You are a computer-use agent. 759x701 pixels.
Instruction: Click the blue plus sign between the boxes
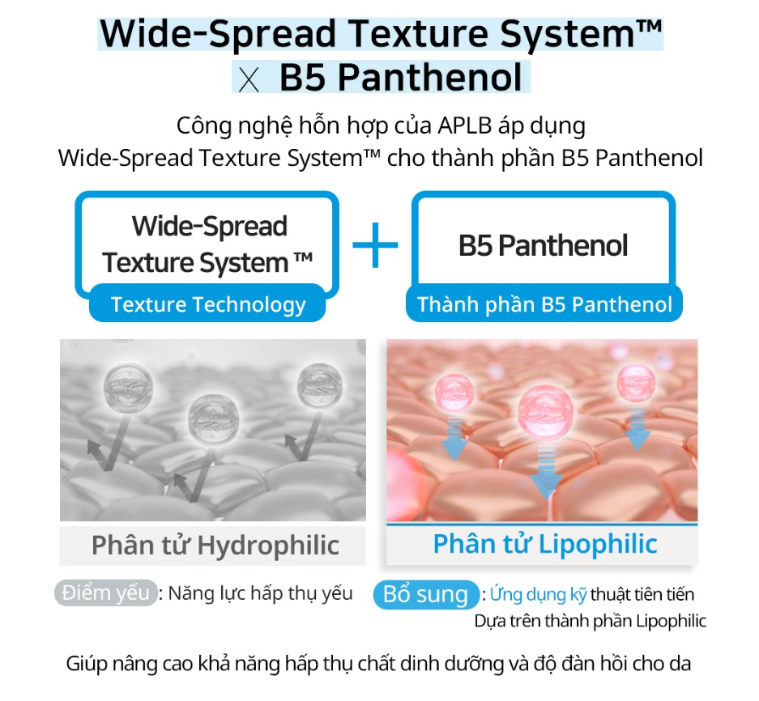375,244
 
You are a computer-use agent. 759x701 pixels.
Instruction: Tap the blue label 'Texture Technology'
207,304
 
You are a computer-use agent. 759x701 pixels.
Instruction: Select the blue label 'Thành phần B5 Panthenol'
544,304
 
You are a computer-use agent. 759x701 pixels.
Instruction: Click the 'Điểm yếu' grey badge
106,593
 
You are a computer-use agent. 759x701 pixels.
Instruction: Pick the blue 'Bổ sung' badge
426,594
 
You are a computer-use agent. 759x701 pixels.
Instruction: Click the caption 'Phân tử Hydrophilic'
215,546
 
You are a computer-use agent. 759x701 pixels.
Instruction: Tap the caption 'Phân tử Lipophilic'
545,544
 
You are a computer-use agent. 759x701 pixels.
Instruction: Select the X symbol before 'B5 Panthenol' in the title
249,81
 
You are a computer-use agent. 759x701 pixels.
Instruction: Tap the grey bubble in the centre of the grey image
214,419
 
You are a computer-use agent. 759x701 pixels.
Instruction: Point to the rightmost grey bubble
320,385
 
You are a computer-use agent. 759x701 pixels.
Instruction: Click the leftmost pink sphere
454,392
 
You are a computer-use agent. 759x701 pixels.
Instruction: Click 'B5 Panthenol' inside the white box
543,245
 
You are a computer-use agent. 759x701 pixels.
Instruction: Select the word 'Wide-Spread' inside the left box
210,226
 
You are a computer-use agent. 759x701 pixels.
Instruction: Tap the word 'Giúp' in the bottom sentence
86,664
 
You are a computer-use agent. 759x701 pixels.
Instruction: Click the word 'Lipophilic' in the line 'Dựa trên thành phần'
671,621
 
